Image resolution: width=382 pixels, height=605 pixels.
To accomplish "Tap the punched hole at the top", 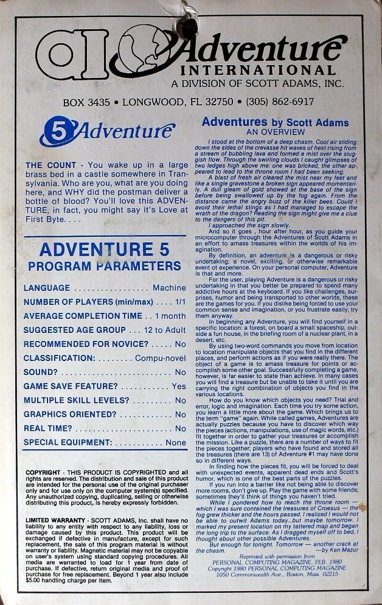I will point(187,23).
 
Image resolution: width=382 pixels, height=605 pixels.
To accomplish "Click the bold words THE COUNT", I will point(50,165).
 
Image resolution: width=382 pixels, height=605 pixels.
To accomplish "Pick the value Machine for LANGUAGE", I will point(169,288).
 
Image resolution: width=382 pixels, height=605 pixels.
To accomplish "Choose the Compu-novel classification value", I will point(161,358).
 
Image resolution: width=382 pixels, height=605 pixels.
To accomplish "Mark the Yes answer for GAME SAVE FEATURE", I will point(179,386).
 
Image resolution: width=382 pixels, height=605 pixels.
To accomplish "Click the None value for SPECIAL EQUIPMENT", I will point(176,442).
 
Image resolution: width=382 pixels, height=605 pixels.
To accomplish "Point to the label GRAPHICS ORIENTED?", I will point(70,414).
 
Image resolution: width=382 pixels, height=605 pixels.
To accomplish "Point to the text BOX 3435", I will point(85,102).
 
